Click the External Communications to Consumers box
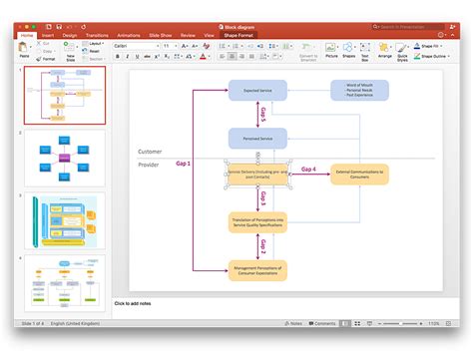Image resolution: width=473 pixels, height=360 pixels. click(359, 174)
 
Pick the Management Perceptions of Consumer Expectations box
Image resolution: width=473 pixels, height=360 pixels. click(257, 269)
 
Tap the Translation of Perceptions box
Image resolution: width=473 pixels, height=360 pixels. click(257, 221)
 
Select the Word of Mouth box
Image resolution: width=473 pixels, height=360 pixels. click(359, 91)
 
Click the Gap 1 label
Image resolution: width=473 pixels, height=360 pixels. click(183, 164)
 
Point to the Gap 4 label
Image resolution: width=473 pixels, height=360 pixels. click(309, 169)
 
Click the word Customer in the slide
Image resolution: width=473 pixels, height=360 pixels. click(150, 152)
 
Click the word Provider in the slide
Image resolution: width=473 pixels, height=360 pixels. click(149, 165)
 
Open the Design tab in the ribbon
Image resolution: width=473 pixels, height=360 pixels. click(70, 35)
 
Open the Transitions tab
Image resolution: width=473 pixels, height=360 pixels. click(98, 35)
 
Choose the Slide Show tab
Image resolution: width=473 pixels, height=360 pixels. click(160, 35)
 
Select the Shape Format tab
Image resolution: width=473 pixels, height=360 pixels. click(237, 35)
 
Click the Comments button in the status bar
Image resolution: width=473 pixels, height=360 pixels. click(323, 323)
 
